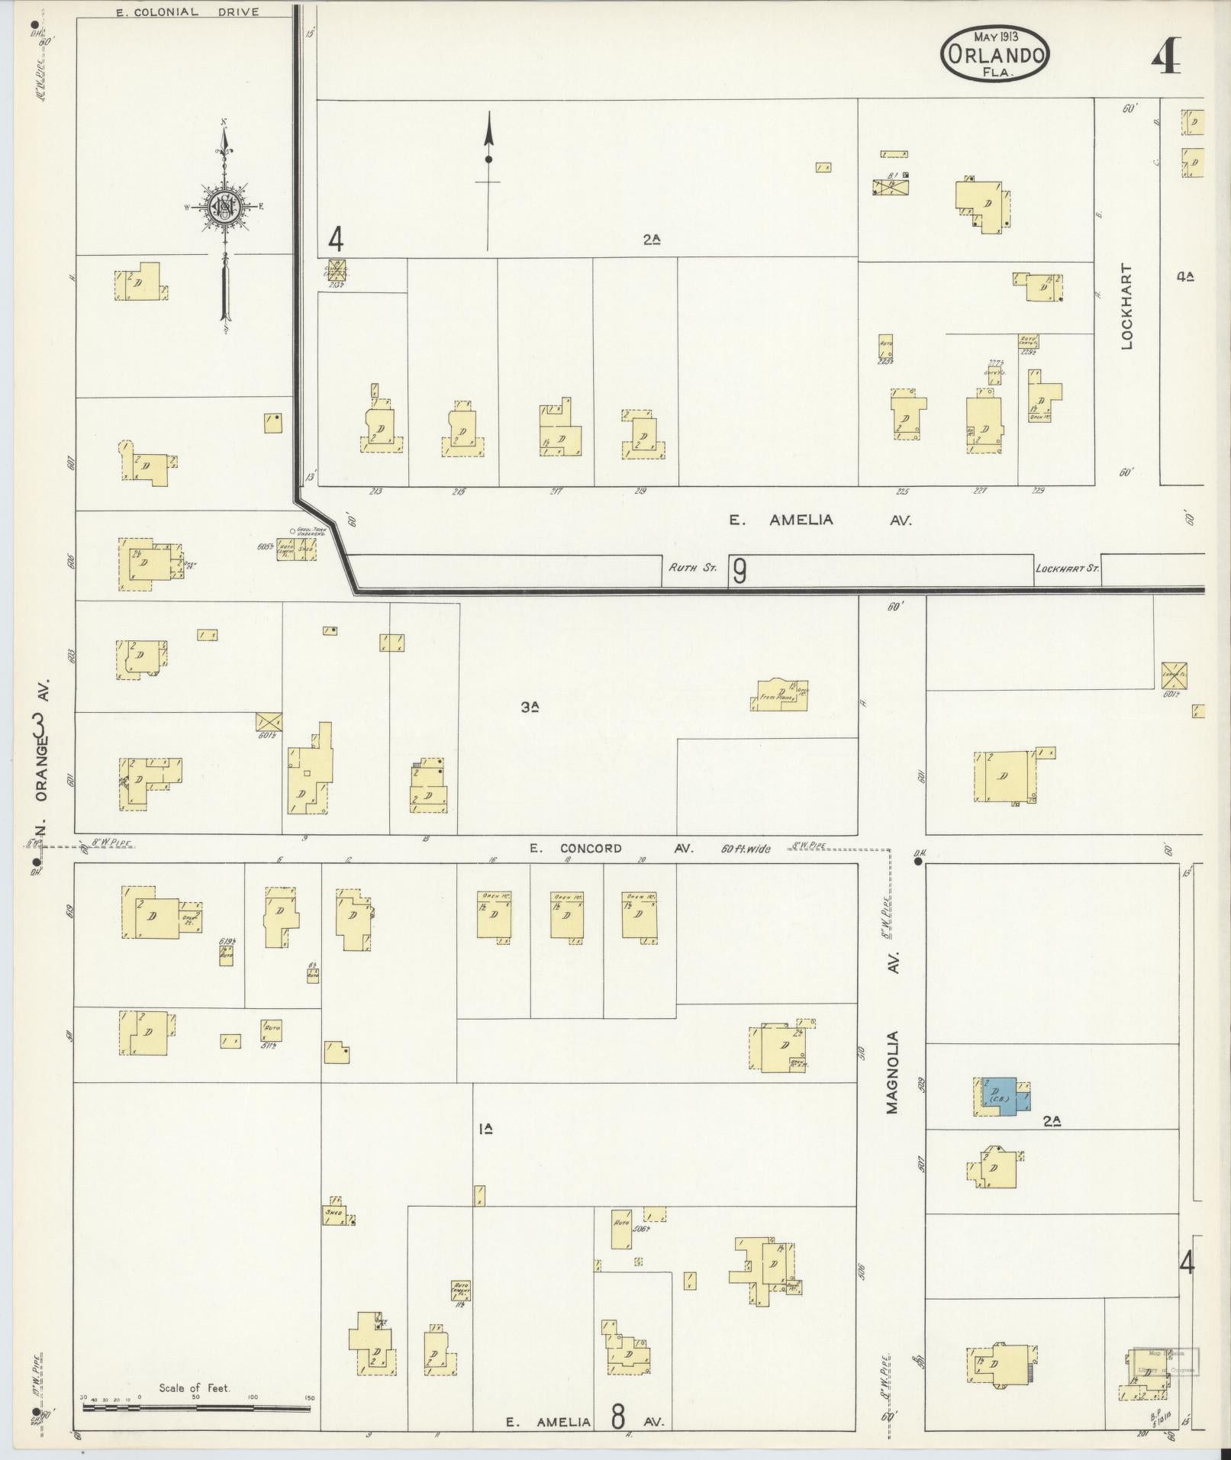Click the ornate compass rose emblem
click(x=225, y=207)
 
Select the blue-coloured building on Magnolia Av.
click(x=1000, y=1097)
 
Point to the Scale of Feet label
click(x=195, y=1387)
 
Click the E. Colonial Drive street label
click(x=187, y=12)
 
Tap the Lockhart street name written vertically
click(x=1127, y=306)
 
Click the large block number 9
click(x=739, y=571)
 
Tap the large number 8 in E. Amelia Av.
click(x=617, y=1417)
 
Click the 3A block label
click(x=530, y=707)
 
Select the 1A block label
click(x=485, y=1128)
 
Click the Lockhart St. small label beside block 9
click(x=1066, y=569)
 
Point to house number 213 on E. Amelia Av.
click(x=375, y=492)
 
